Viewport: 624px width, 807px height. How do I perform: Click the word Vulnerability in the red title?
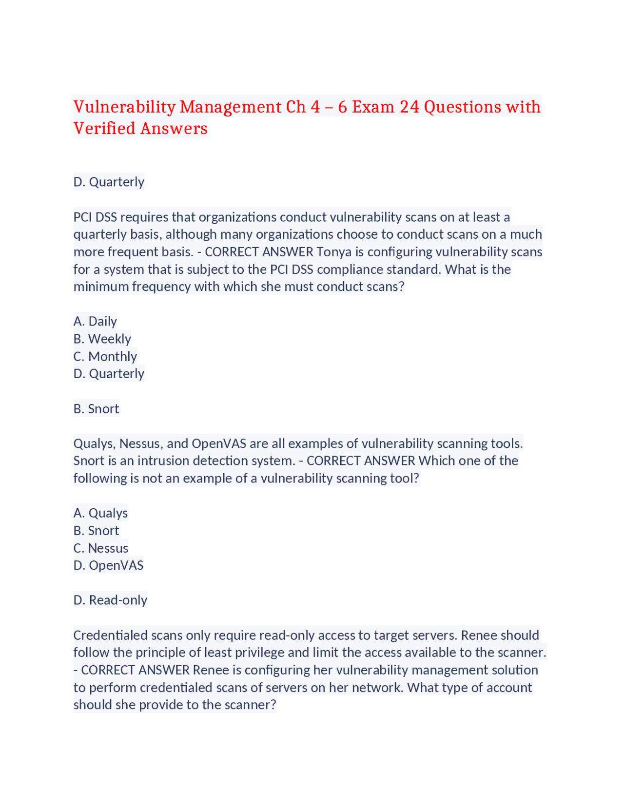(124, 107)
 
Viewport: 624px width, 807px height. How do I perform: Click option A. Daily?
(95, 321)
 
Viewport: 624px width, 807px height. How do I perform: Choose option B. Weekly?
(102, 339)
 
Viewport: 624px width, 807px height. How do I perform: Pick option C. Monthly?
(105, 356)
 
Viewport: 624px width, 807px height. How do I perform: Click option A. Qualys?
(100, 513)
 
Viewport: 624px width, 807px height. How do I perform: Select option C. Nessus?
(100, 548)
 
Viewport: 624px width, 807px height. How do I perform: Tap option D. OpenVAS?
(108, 565)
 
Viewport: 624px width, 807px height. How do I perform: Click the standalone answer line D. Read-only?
(110, 600)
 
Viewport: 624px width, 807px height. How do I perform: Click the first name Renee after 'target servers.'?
(478, 635)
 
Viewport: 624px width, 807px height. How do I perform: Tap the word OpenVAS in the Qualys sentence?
(218, 443)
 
